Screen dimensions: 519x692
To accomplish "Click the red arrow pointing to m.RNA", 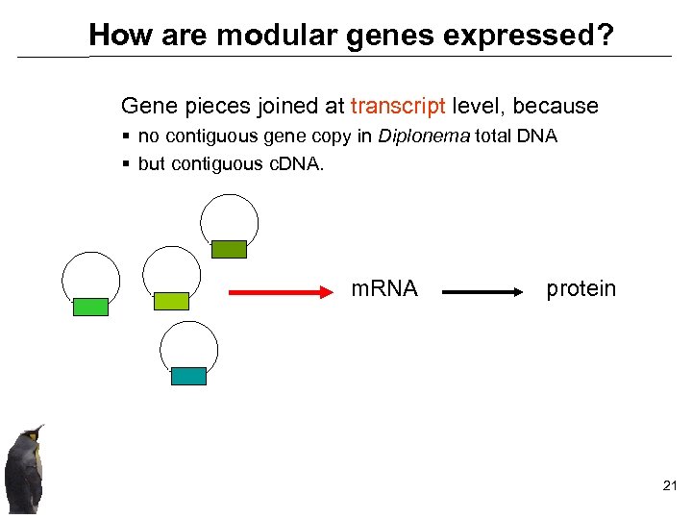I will (x=280, y=289).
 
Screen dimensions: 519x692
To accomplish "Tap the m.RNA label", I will (x=384, y=288).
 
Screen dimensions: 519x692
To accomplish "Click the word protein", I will (x=581, y=288).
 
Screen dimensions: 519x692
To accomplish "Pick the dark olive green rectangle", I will (x=229, y=249).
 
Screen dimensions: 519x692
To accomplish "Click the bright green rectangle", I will (x=90, y=307).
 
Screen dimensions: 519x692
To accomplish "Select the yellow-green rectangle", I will (x=171, y=301).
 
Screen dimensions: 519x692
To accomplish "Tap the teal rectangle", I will (x=188, y=376).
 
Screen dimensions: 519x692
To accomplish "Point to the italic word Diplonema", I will (x=424, y=136).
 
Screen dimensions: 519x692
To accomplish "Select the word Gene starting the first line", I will (x=143, y=106).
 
